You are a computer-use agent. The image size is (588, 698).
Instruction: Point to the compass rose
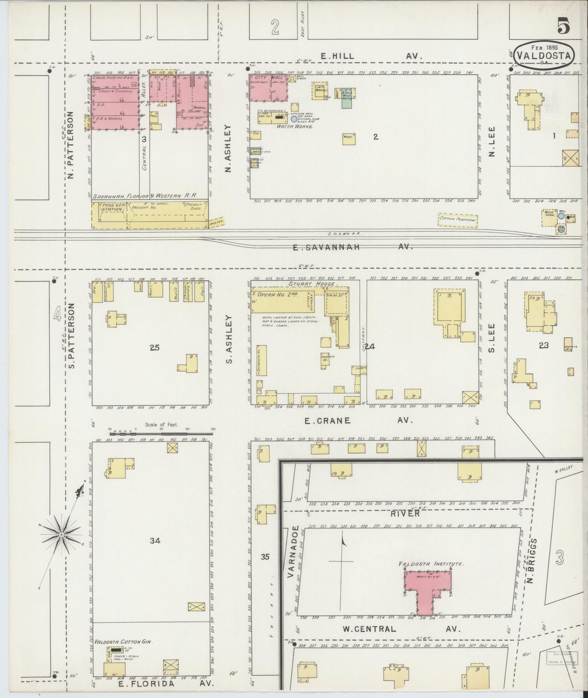coord(61,534)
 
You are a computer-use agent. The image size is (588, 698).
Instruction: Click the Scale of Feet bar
coord(161,430)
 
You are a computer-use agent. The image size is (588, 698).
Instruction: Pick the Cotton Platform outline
coord(457,220)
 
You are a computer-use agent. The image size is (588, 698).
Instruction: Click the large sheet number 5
coord(564,28)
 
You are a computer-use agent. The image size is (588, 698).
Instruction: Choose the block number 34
coord(155,541)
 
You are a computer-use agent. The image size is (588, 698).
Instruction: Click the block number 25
coord(155,347)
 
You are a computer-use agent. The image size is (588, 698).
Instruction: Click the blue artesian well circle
coord(294,119)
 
